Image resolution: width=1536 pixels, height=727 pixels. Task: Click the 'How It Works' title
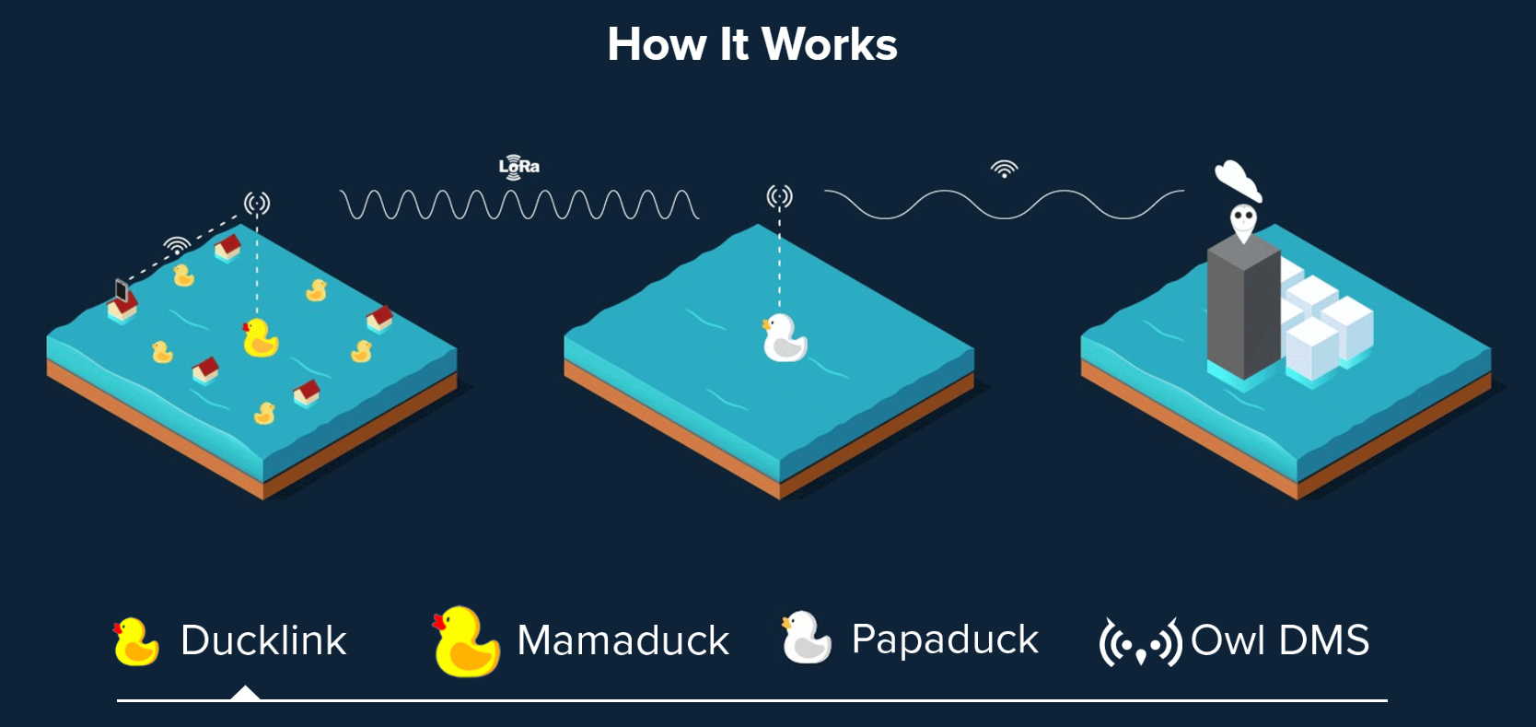[752, 44]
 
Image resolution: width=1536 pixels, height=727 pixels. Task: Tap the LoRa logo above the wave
[519, 167]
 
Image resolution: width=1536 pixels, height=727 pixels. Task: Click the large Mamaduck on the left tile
[261, 337]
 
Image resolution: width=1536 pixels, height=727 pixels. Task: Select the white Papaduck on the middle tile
[785, 337]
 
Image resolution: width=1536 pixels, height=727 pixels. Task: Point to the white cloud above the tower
[1237, 180]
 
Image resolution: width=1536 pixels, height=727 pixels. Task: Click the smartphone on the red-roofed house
[122, 290]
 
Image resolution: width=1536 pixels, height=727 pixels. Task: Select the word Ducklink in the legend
[263, 639]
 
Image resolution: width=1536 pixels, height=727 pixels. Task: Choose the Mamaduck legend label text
[623, 639]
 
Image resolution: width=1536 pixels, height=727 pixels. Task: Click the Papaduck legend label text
[945, 639]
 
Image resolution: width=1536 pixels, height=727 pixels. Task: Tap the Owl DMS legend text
[1280, 639]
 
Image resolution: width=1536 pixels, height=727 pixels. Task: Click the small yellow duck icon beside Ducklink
[135, 642]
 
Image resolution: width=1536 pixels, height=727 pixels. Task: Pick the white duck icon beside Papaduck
[807, 637]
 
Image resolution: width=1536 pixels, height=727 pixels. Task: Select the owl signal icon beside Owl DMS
[1140, 642]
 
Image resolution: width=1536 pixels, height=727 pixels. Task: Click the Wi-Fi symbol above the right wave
[1004, 170]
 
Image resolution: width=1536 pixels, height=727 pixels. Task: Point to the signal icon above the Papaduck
[779, 197]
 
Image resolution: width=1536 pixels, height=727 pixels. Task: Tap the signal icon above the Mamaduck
[257, 203]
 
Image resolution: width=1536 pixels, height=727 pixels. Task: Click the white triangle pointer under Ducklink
[245, 693]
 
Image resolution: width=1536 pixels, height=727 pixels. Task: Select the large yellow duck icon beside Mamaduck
[466, 641]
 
